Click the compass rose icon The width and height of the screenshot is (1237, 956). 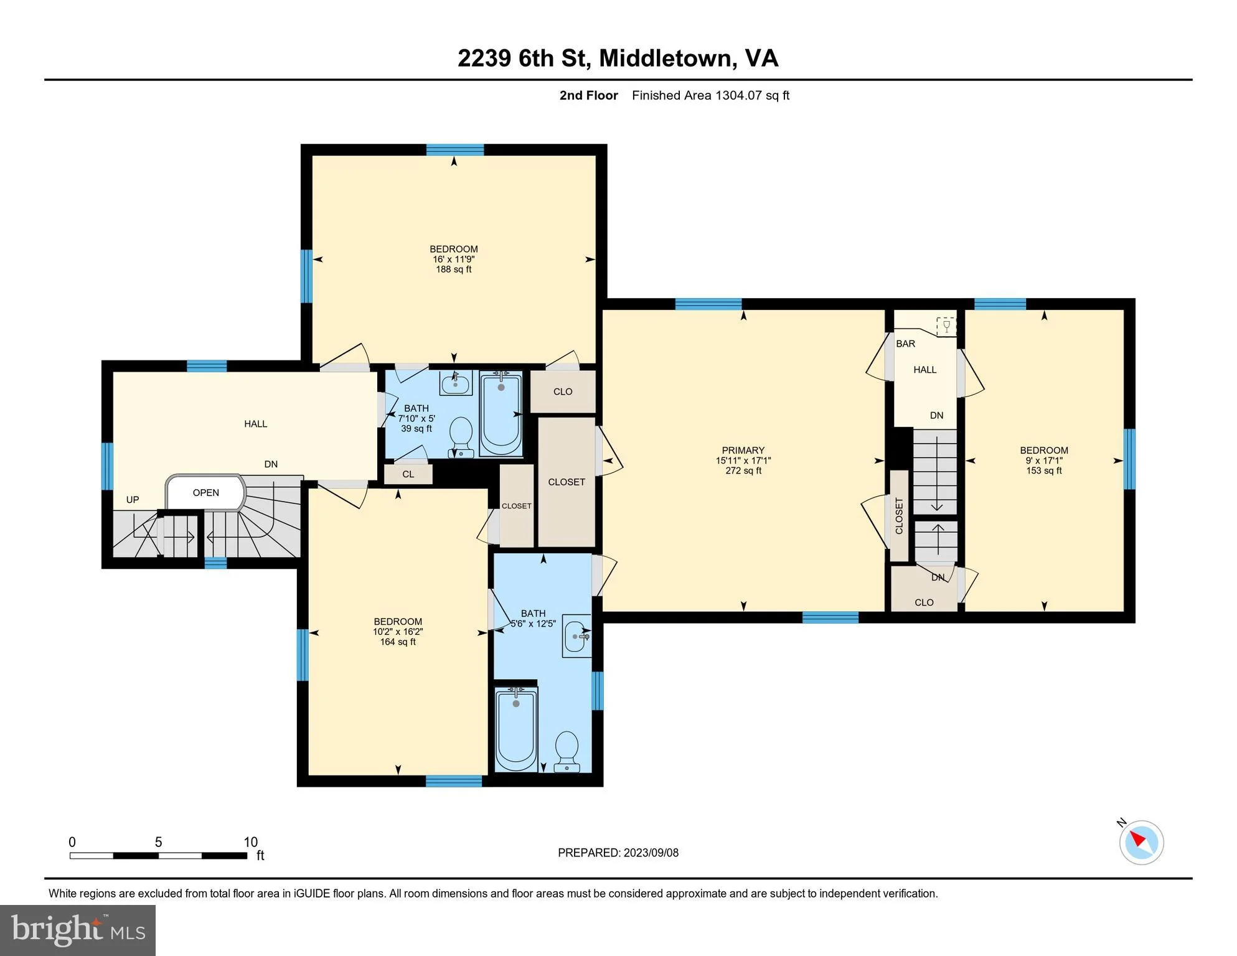(1141, 842)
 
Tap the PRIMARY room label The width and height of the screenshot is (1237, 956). (743, 450)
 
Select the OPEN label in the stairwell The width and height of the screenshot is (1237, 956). (205, 493)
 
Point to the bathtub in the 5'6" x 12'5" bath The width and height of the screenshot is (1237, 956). (516, 729)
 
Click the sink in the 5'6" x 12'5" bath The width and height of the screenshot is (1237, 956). (576, 636)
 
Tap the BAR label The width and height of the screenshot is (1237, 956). (905, 344)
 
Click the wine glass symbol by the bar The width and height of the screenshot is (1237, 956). (946, 326)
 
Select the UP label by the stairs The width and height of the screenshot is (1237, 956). (133, 500)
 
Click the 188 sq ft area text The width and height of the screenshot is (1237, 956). (453, 269)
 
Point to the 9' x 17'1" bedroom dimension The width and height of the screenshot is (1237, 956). (1044, 461)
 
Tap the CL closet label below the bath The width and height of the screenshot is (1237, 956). (408, 474)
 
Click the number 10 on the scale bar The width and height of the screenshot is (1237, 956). (250, 842)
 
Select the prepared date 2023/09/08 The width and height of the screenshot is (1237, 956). (651, 853)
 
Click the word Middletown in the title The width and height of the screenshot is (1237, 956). (664, 58)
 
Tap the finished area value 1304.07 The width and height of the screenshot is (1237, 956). (738, 95)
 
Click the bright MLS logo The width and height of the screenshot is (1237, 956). (78, 930)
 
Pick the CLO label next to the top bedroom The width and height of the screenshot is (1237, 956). (563, 391)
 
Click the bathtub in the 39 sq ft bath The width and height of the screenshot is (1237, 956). (501, 414)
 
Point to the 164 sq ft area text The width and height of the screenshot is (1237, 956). (398, 642)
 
